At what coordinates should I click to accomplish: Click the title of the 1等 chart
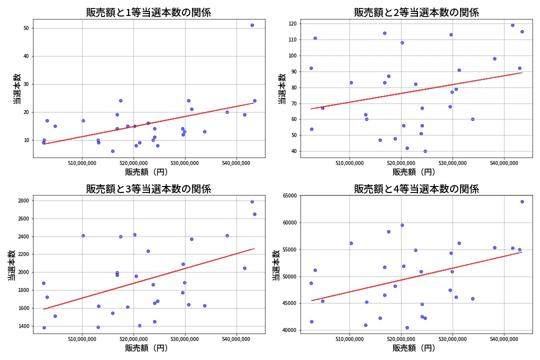click(148, 12)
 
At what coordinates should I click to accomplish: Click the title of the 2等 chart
click(416, 12)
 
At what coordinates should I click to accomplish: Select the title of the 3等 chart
click(148, 189)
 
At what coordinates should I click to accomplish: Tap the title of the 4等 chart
click(416, 189)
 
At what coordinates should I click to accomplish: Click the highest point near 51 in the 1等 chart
click(252, 25)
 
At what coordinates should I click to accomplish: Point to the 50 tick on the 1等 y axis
click(26, 28)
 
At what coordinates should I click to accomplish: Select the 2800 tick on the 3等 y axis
click(23, 201)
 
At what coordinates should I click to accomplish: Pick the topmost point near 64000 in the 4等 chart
click(522, 201)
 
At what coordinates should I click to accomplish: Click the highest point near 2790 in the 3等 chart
click(252, 201)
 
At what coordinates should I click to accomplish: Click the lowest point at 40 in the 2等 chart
click(425, 151)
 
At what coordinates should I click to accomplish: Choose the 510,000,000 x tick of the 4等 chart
click(349, 339)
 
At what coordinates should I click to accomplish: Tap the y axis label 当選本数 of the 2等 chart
click(282, 88)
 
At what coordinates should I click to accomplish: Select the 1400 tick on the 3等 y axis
click(23, 326)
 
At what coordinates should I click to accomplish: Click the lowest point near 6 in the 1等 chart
click(112, 151)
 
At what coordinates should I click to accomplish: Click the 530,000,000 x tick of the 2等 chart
click(452, 162)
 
